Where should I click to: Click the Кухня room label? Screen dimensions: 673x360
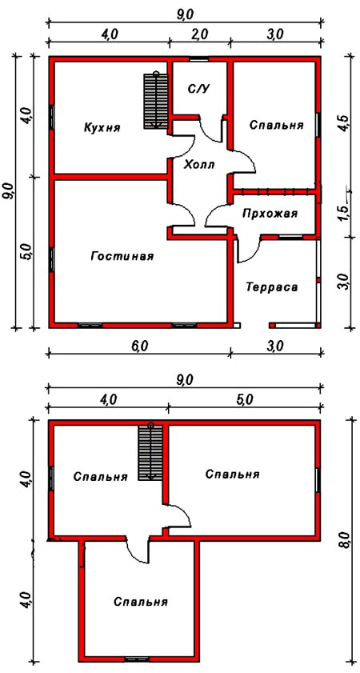click(x=102, y=127)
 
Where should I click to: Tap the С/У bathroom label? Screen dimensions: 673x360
click(x=198, y=88)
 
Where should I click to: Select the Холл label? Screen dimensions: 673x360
click(x=199, y=164)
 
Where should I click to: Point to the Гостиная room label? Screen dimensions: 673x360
click(x=122, y=256)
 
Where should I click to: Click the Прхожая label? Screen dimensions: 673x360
click(x=270, y=213)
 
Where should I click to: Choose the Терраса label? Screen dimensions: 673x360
click(x=272, y=286)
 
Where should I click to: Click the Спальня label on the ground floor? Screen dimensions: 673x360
click(x=276, y=125)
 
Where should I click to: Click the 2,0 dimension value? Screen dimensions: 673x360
click(x=200, y=33)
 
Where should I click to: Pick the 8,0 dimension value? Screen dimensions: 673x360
click(x=343, y=544)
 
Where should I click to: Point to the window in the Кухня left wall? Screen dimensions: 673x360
click(x=51, y=116)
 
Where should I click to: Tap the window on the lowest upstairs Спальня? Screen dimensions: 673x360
click(x=137, y=659)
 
